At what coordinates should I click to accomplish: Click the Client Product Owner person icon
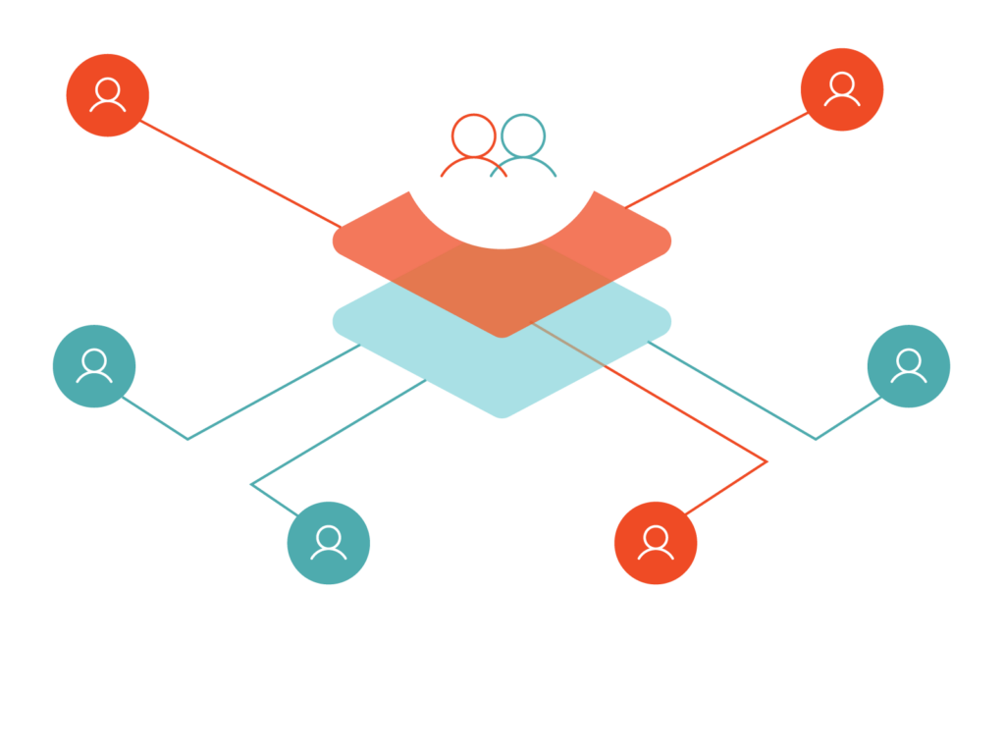click(x=108, y=95)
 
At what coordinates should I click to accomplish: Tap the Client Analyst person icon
click(x=842, y=89)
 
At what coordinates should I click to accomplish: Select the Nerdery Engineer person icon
click(x=94, y=365)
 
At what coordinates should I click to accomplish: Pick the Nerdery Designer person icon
click(x=329, y=543)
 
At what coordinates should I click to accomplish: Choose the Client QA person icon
click(x=656, y=543)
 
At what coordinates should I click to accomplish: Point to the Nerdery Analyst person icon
click(x=909, y=365)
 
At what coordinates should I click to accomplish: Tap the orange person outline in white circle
click(x=473, y=145)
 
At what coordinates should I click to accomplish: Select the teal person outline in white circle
click(x=525, y=145)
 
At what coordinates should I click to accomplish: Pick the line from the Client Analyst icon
click(x=716, y=159)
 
